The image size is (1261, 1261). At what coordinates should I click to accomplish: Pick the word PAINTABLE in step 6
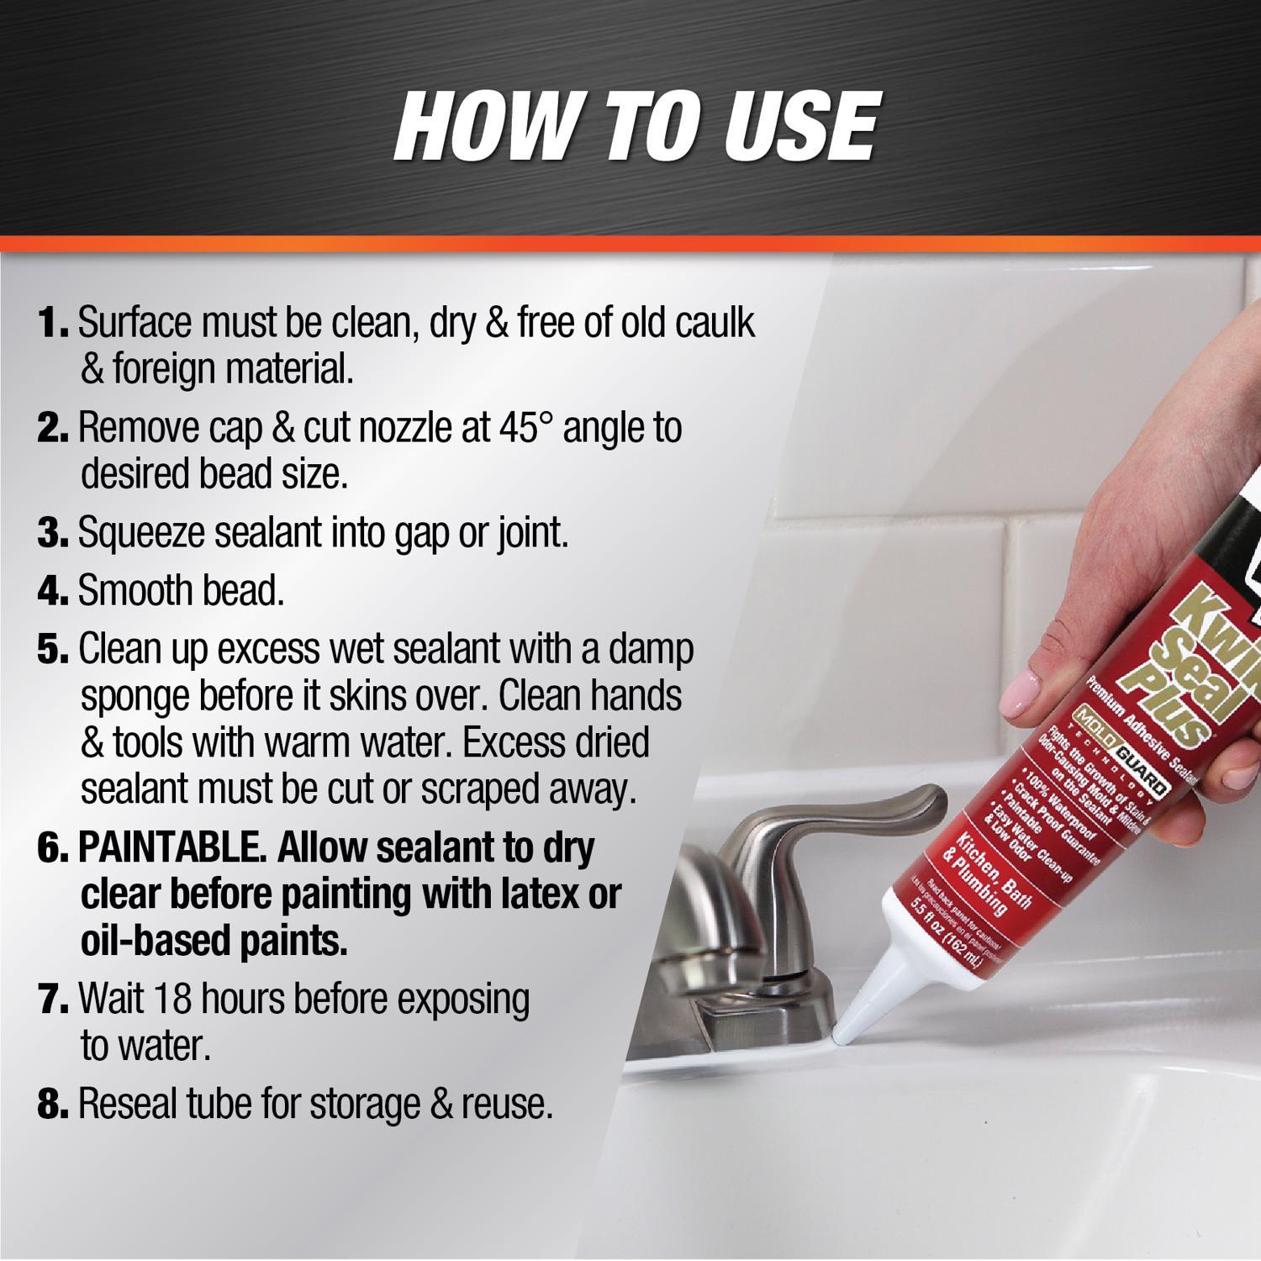click(x=171, y=849)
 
